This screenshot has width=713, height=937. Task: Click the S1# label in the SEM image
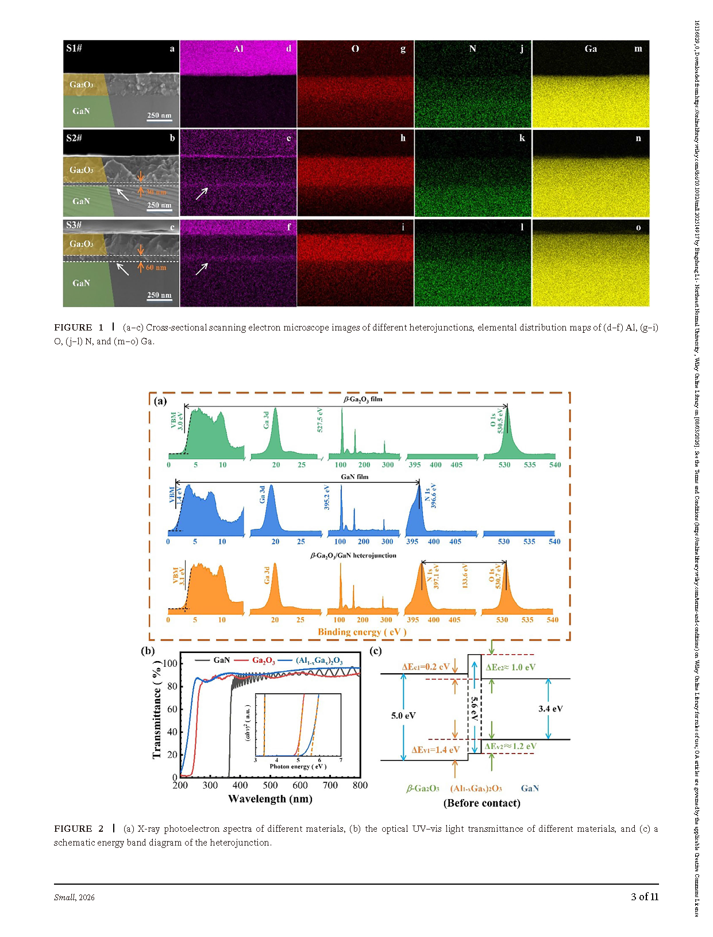74,48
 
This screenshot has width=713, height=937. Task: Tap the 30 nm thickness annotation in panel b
156,192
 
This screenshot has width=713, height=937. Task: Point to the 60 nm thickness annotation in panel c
156,268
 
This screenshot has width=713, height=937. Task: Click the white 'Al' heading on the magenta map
238,49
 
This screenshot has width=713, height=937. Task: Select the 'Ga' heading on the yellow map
591,49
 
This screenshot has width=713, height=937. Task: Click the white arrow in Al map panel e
202,194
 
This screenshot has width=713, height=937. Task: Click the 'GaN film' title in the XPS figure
354,477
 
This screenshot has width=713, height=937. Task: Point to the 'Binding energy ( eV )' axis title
362,632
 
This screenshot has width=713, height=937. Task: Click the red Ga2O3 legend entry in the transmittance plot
263,660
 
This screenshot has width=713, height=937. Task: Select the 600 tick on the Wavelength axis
300,785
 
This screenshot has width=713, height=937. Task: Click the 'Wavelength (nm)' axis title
270,799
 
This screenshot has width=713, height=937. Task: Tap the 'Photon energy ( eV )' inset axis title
298,766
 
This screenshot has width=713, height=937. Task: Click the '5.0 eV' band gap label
403,716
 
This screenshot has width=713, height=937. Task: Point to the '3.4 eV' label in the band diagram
550,709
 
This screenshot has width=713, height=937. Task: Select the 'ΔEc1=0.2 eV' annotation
426,667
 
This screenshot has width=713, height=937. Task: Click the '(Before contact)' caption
481,803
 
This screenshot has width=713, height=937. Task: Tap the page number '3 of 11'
644,897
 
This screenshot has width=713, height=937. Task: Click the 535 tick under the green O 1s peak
530,464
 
